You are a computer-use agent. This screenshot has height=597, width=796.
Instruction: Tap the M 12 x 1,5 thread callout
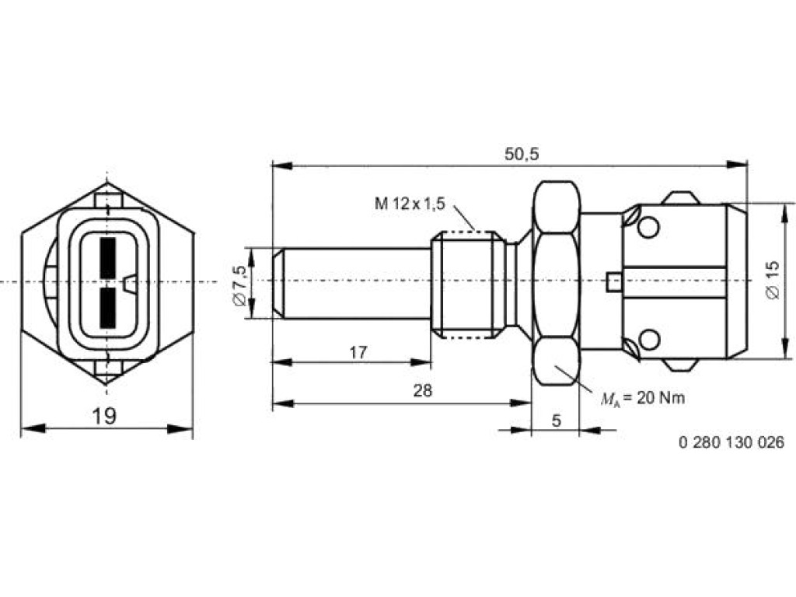(x=410, y=204)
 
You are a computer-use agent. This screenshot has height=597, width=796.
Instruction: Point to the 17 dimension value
(x=358, y=352)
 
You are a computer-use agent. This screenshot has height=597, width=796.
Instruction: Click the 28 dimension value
(x=422, y=390)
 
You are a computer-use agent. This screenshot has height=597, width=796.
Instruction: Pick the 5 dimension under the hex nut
(x=557, y=421)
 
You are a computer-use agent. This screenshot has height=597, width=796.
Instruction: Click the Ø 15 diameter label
(x=772, y=280)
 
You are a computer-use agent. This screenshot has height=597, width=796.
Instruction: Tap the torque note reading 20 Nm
(x=643, y=398)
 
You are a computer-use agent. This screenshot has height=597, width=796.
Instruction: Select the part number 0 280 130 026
(x=731, y=442)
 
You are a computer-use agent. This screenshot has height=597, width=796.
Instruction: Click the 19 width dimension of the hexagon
(x=105, y=417)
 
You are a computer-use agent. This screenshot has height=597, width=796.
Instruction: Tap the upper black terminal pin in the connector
(x=108, y=257)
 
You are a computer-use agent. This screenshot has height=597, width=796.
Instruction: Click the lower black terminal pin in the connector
(x=108, y=307)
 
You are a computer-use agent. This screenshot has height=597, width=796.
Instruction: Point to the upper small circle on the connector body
(x=649, y=227)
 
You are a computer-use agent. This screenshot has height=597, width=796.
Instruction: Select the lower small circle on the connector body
(x=649, y=339)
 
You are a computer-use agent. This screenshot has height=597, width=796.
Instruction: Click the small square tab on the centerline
(x=615, y=282)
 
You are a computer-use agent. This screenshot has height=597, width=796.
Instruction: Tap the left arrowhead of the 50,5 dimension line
(x=282, y=166)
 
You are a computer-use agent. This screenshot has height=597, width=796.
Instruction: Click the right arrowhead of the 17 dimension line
(x=421, y=362)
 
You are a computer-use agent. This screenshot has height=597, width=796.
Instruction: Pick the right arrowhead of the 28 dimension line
(x=521, y=403)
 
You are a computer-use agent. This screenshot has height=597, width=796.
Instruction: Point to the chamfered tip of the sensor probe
(x=278, y=283)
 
